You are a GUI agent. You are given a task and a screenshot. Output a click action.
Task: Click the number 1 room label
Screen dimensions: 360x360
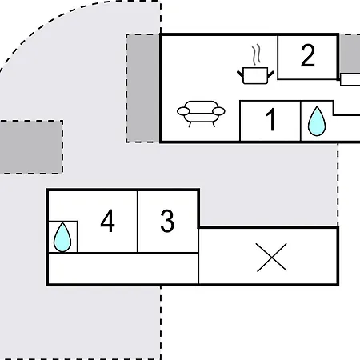(x=270, y=119)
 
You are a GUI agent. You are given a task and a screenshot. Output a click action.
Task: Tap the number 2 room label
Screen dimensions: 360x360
(x=308, y=55)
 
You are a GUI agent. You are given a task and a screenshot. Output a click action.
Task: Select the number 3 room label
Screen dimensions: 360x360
(x=167, y=221)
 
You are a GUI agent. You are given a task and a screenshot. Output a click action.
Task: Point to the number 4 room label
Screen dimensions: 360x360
(x=107, y=221)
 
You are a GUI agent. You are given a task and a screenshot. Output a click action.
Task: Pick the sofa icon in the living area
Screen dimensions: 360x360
(x=201, y=114)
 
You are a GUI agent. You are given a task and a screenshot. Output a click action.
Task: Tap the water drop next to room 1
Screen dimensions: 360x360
(x=317, y=121)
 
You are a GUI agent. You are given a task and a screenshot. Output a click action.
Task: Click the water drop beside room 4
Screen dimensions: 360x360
(x=62, y=237)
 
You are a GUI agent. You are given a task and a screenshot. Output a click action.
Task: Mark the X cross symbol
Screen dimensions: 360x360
(x=271, y=258)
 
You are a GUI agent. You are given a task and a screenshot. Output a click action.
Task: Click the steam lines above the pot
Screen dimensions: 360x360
(x=257, y=55)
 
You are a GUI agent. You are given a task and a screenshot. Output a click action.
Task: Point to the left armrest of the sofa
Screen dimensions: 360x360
(x=183, y=111)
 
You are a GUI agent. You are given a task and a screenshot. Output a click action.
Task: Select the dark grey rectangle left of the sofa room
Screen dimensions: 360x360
(x=143, y=88)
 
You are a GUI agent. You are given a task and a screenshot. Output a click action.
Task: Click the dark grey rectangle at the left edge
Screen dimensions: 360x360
(x=31, y=147)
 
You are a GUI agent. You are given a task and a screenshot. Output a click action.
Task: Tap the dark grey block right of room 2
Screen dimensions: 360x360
(x=350, y=54)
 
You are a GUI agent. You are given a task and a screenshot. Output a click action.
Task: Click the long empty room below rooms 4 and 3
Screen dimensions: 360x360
(x=123, y=268)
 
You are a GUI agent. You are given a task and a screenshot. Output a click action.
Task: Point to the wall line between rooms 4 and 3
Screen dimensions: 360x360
(x=138, y=222)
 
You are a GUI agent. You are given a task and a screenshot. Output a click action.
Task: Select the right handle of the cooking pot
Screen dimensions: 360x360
(x=270, y=74)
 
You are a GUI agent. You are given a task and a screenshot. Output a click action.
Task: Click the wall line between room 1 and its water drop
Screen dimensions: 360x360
(x=301, y=121)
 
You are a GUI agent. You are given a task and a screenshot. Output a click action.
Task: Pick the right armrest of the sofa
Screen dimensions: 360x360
(x=218, y=111)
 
